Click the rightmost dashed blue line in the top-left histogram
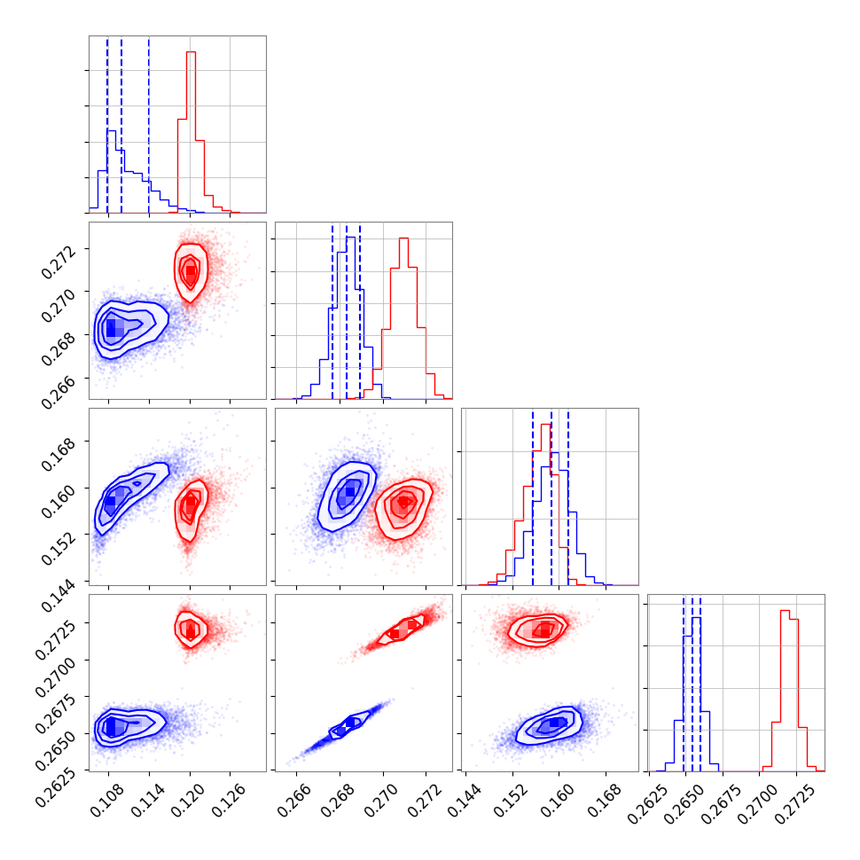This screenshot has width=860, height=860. click(149, 124)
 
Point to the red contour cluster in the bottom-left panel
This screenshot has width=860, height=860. click(190, 629)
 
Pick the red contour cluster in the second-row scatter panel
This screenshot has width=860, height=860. click(191, 270)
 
